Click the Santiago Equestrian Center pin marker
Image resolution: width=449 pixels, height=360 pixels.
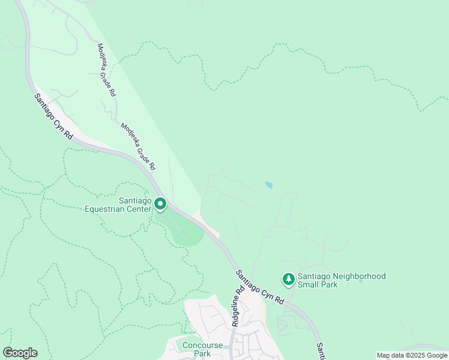[x=160, y=205]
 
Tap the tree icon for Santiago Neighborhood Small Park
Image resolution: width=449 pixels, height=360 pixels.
[x=289, y=280]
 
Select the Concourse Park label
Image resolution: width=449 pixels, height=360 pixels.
[x=202, y=349]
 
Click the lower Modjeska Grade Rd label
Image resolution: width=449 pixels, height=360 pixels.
[x=139, y=146]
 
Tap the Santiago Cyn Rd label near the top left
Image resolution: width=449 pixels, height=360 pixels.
[x=53, y=117]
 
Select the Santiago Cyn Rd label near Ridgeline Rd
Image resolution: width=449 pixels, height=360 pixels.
[x=259, y=286]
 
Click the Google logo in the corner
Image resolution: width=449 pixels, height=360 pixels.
[x=20, y=353]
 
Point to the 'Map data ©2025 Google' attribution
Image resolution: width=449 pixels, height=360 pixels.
[x=411, y=355]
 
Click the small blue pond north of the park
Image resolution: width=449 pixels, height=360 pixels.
[x=268, y=185]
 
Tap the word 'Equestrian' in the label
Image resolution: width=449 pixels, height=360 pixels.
[x=116, y=209]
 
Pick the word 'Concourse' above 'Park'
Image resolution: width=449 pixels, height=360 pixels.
[x=202, y=345]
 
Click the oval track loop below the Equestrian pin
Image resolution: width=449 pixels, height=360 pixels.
[x=186, y=231]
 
